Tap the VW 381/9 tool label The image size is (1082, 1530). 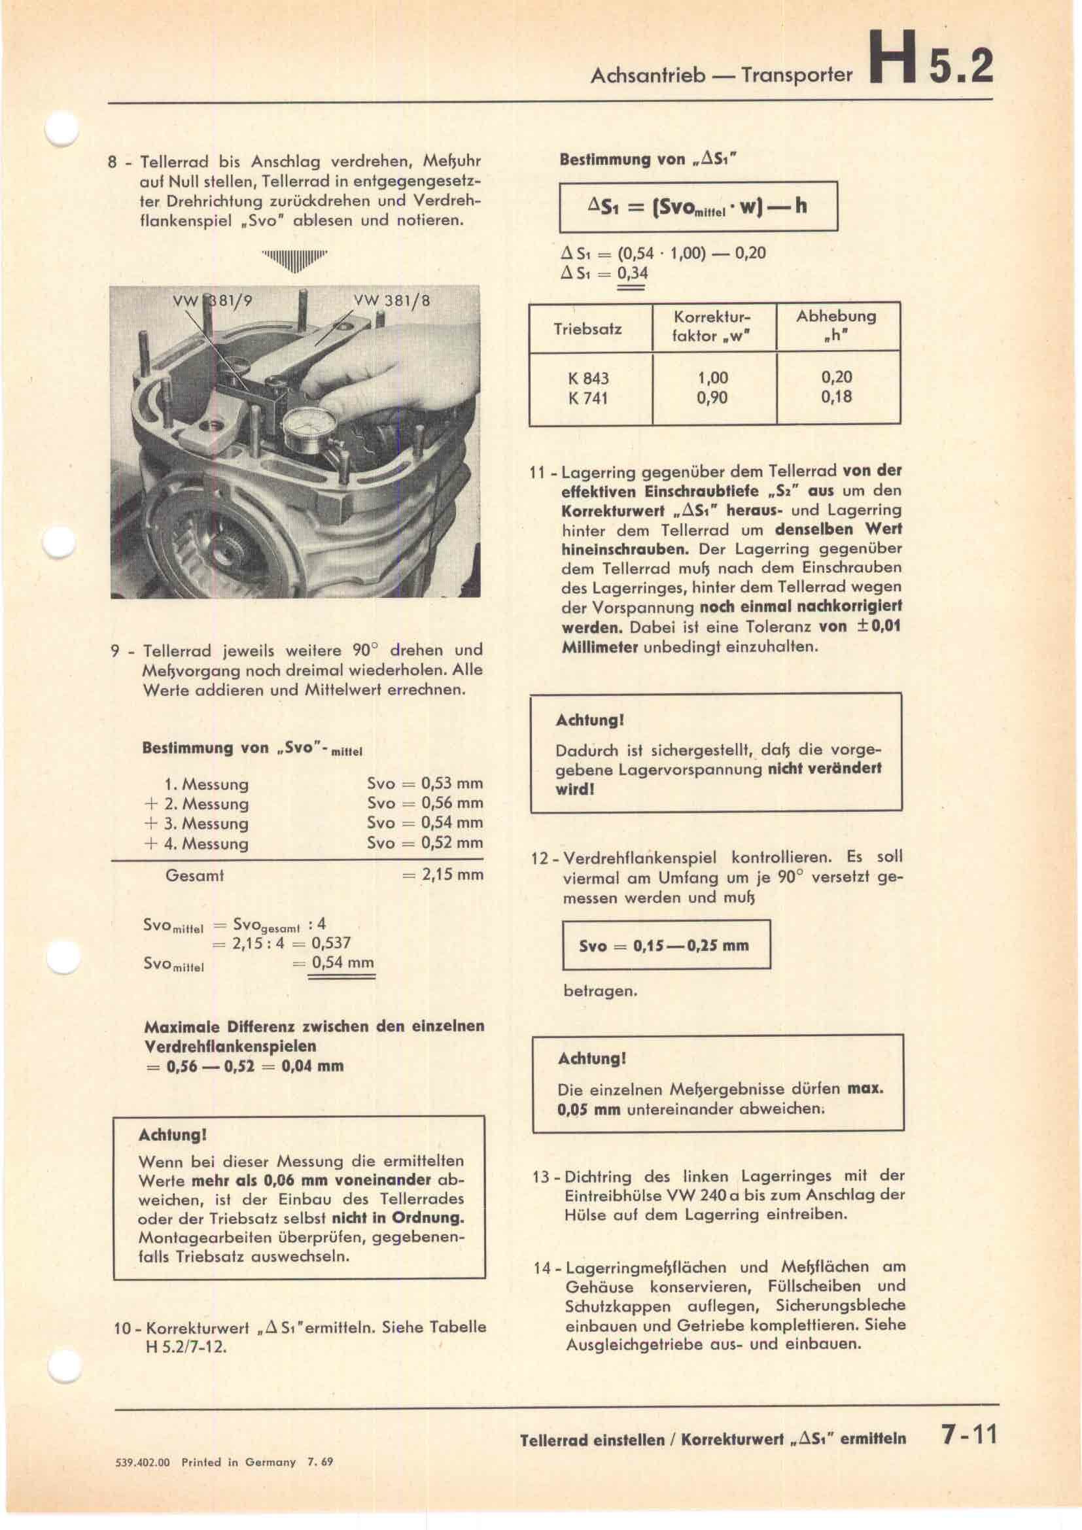[x=213, y=301]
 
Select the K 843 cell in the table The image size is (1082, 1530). [x=588, y=379]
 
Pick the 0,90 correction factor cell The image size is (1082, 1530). [x=712, y=398]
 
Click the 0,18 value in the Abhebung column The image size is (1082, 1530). [x=836, y=397]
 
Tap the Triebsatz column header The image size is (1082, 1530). [x=587, y=329]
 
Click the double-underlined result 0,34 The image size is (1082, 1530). [x=633, y=273]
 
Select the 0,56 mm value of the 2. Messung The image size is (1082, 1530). [x=452, y=803]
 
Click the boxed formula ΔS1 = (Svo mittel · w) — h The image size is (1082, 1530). [x=697, y=207]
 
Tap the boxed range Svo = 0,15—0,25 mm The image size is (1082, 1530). [x=665, y=946]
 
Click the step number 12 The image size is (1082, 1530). [x=539, y=858]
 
